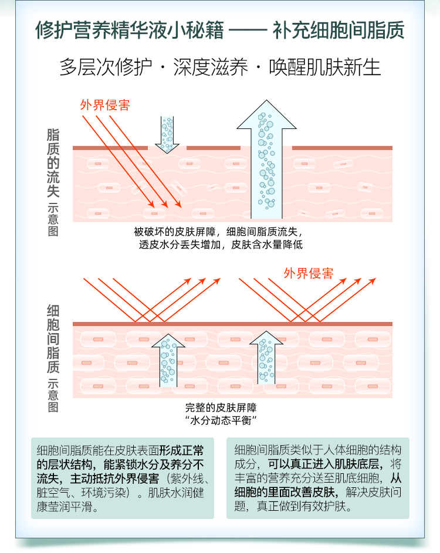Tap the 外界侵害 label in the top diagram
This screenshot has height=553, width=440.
pyautogui.click(x=105, y=106)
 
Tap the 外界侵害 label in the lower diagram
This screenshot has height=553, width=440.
pyautogui.click(x=309, y=273)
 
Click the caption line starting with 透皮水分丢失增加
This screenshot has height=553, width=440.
pyautogui.click(x=221, y=245)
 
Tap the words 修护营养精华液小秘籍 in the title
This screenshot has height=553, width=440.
pyautogui.click(x=130, y=30)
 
